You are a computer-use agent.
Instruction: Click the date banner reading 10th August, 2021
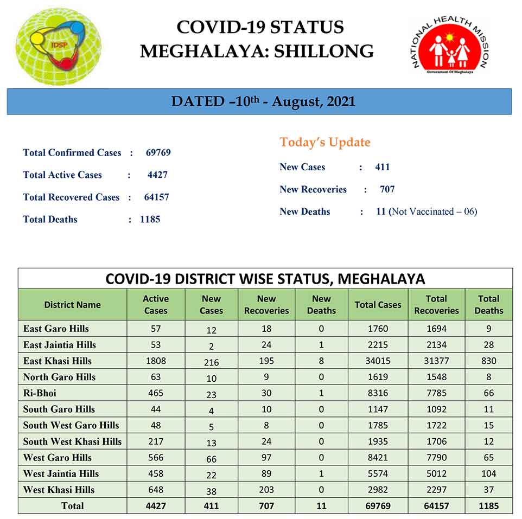click(x=259, y=101)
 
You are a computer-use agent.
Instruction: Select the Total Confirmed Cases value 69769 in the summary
click(x=158, y=153)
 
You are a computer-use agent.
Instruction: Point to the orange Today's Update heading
click(x=324, y=143)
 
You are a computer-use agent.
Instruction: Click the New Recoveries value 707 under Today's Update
click(x=387, y=189)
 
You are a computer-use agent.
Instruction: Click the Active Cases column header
click(x=156, y=305)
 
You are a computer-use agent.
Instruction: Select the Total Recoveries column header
click(x=436, y=305)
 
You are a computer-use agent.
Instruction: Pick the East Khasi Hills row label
click(x=58, y=361)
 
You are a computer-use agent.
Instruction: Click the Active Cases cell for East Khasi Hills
click(x=156, y=361)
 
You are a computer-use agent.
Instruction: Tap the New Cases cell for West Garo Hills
click(x=211, y=459)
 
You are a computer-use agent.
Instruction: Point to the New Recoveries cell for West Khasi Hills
click(x=266, y=490)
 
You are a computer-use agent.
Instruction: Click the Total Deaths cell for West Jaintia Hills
click(x=488, y=473)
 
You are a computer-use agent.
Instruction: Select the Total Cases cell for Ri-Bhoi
click(x=378, y=393)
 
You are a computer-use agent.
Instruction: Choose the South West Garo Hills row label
click(x=71, y=425)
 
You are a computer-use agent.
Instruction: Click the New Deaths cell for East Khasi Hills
click(x=321, y=361)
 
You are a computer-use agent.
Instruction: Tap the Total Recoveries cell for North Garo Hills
click(x=436, y=377)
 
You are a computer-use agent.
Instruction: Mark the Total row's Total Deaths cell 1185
click(x=488, y=506)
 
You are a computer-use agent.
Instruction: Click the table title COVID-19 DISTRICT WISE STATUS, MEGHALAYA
click(x=265, y=279)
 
